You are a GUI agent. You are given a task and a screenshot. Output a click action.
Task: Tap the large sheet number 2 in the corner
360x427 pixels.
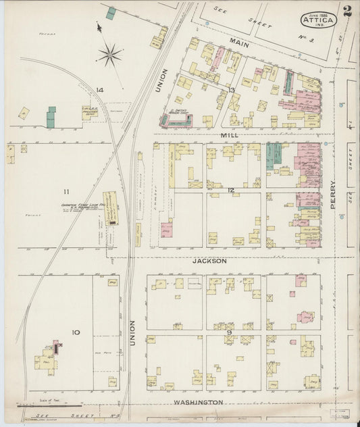coord(346,11)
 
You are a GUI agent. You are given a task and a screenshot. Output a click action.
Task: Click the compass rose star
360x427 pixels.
coord(110,53)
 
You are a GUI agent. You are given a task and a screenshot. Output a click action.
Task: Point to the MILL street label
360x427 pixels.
coord(230,136)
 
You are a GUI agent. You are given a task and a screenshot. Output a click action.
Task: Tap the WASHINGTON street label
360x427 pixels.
coord(198,402)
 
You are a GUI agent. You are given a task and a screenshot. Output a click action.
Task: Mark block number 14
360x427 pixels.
coord(99,90)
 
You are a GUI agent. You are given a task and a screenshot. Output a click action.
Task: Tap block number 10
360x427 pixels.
coord(76,332)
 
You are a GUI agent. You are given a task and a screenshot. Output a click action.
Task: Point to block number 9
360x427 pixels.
coord(230,332)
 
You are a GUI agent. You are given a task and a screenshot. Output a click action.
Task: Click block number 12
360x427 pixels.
coord(230,190)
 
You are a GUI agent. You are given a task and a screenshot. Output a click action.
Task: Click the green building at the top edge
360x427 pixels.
coord(111,13)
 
